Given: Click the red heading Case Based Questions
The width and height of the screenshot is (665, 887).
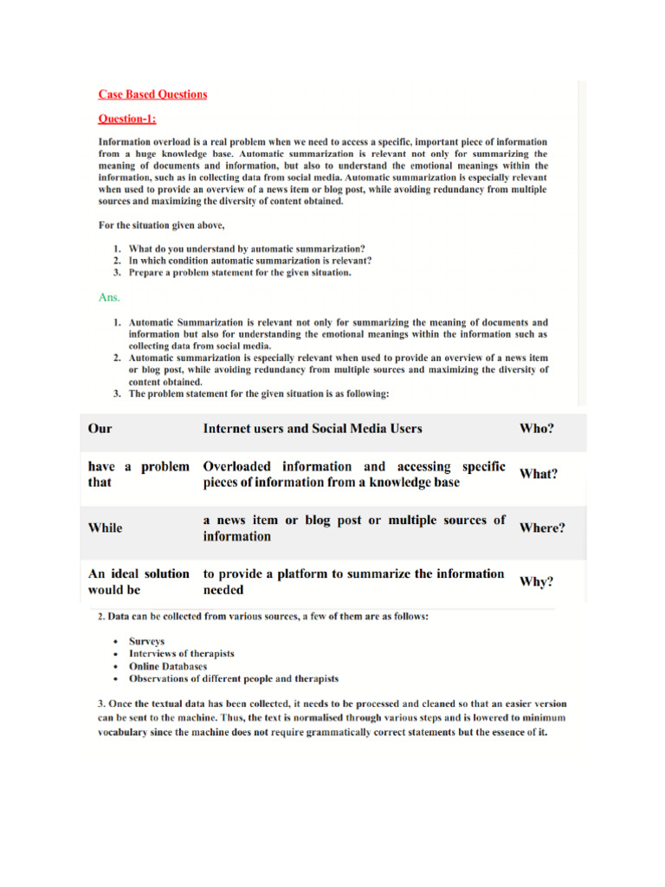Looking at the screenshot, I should [152, 94].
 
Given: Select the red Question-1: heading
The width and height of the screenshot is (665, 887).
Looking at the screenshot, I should [127, 119].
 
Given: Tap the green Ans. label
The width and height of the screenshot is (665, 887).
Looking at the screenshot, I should [109, 297].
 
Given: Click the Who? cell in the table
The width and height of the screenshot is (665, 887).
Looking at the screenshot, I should [537, 428].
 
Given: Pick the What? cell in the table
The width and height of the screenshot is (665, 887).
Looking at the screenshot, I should [539, 474].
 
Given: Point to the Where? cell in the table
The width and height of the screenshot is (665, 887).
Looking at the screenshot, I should [542, 528].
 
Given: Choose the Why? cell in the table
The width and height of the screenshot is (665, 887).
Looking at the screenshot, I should [537, 582].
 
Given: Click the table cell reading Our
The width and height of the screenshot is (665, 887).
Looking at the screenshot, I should [100, 428].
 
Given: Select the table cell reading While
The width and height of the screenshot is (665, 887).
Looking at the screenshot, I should [106, 528].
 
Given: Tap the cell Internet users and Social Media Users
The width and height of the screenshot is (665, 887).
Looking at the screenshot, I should [313, 428].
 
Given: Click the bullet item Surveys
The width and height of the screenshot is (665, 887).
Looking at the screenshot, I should [147, 642].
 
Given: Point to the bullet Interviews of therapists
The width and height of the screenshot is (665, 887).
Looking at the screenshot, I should [181, 654].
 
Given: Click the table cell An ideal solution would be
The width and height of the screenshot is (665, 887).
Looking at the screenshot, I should [139, 582].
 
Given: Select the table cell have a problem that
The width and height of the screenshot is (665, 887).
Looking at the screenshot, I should [139, 474].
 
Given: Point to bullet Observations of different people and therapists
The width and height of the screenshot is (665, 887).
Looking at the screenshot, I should [234, 678].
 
